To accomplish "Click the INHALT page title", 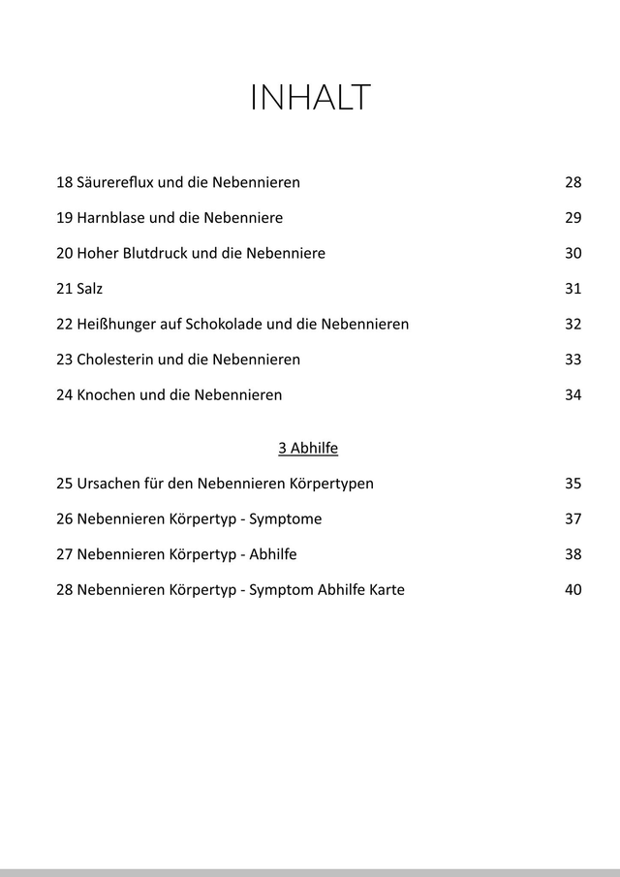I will pos(310,98).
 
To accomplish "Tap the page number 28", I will pos(573,182).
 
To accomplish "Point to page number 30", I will pos(573,254).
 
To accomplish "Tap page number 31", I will pos(573,289).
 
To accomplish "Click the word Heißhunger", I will pos(115,325).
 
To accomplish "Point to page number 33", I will pos(573,360).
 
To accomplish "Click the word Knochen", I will pos(106,395).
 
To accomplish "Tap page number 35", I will pos(573,484).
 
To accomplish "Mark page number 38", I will pos(573,555).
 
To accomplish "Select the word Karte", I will pos(385,590).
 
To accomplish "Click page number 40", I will pos(573,590).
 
